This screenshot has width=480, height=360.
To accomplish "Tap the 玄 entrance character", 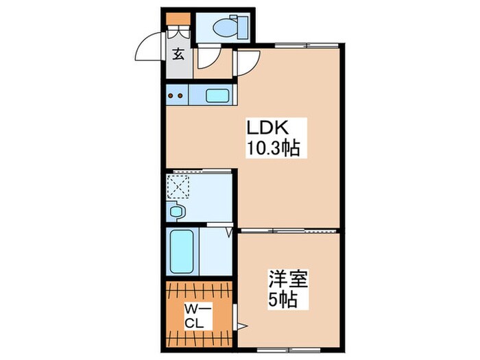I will click(178, 55).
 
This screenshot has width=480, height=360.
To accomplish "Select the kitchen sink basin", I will click(218, 95).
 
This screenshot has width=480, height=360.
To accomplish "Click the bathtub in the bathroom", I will click(183, 252).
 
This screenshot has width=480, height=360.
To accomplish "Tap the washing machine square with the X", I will click(179, 186).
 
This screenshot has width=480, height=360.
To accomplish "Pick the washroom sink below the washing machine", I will click(176, 213).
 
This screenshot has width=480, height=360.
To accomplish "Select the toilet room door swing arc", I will click(206, 58).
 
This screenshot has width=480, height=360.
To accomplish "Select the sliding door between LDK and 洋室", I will click(288, 229).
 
